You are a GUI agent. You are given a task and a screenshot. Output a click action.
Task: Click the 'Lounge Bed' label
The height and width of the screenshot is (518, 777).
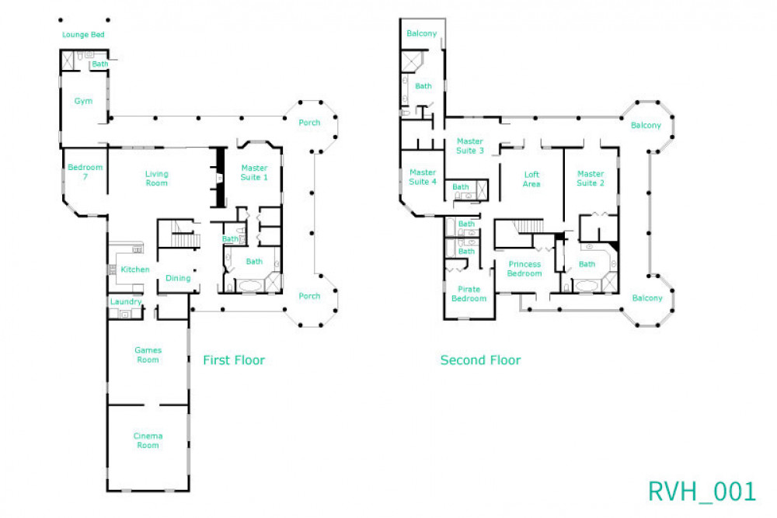click(83, 35)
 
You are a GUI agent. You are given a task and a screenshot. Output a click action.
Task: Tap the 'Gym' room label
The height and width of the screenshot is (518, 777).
click(83, 101)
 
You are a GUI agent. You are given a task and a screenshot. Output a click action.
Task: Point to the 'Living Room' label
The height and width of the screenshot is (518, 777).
click(157, 179)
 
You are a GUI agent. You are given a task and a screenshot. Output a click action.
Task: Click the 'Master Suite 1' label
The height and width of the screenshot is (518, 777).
click(254, 172)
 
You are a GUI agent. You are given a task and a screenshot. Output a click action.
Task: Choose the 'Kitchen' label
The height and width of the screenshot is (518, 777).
click(134, 269)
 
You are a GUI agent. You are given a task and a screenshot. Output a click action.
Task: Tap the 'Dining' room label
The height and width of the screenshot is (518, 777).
click(178, 278)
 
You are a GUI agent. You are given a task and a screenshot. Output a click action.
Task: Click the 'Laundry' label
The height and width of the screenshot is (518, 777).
click(126, 301)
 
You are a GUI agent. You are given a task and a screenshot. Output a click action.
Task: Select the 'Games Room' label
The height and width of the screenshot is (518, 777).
click(148, 355)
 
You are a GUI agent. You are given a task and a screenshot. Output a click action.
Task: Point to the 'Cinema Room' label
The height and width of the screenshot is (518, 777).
click(148, 440)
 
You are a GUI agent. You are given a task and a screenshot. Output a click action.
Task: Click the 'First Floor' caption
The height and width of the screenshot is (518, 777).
click(234, 360)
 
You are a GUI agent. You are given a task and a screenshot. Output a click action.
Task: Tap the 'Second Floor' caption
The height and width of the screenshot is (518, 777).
click(480, 360)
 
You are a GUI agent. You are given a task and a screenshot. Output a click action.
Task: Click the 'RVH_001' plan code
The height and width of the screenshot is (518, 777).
click(702, 491)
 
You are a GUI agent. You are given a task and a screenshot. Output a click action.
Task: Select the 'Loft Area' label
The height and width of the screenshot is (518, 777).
click(531, 179)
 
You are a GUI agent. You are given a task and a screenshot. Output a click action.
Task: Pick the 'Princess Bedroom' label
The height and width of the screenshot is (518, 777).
click(524, 269)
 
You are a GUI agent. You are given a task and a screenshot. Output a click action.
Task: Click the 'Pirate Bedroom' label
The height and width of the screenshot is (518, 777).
click(469, 294)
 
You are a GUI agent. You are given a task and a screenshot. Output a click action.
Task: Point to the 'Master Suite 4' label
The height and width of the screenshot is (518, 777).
click(423, 177)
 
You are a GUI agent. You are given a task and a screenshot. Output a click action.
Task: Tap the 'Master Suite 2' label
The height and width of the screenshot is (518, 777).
click(591, 179)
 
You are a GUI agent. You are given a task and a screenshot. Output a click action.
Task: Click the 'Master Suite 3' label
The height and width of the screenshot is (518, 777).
click(470, 145)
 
